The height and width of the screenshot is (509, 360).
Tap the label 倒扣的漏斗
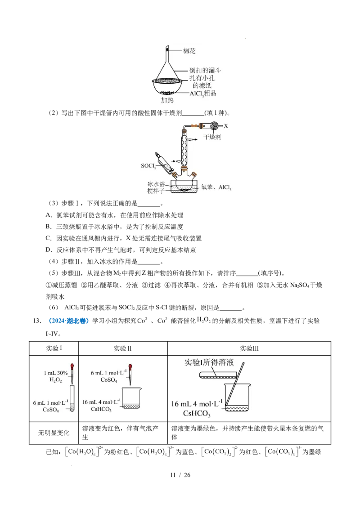click(205, 71)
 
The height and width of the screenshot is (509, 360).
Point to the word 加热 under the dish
click(168, 101)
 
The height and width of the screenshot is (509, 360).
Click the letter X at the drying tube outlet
click(226, 126)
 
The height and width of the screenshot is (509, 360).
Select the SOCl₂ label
click(148, 165)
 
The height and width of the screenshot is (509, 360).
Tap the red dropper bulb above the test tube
click(72, 366)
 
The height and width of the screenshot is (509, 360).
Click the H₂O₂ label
click(56, 380)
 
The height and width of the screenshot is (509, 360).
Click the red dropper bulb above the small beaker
click(130, 366)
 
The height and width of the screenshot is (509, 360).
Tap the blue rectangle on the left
click(69, 320)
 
